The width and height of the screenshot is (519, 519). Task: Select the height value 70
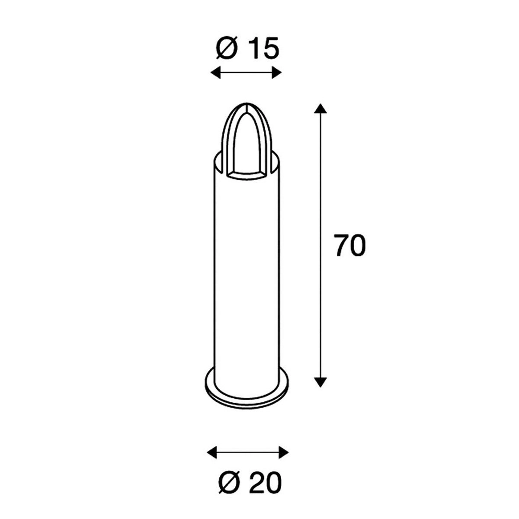pyautogui.click(x=350, y=246)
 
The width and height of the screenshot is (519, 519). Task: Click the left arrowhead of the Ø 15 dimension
pyautogui.click(x=215, y=73)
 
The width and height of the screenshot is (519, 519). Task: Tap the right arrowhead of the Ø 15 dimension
pyautogui.click(x=277, y=73)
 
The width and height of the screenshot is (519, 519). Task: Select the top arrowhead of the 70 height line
pyautogui.click(x=320, y=108)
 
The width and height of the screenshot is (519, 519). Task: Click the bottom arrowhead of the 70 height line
pyautogui.click(x=320, y=382)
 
